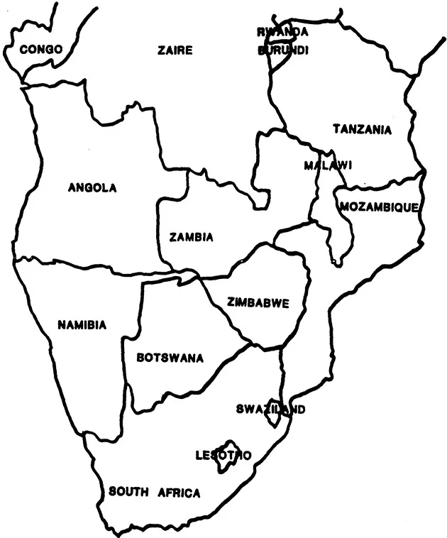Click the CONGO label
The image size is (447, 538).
pyautogui.click(x=41, y=49)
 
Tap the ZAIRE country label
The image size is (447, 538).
pyautogui.click(x=175, y=50)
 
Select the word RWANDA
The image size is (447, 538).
pyautogui.click(x=282, y=32)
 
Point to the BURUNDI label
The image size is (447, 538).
pyautogui.click(x=282, y=50)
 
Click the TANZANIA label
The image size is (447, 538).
pyautogui.click(x=362, y=129)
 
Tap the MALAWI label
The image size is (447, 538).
pyautogui.click(x=327, y=165)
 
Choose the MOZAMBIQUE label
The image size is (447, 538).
pyautogui.click(x=380, y=207)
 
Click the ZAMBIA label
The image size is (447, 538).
pyautogui.click(x=191, y=238)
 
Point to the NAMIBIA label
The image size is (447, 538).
pyautogui.click(x=82, y=325)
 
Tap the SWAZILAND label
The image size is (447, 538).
pyautogui.click(x=270, y=410)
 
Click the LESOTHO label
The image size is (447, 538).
pyautogui.click(x=223, y=455)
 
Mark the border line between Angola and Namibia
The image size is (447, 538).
pyautogui.click(x=78, y=265)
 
